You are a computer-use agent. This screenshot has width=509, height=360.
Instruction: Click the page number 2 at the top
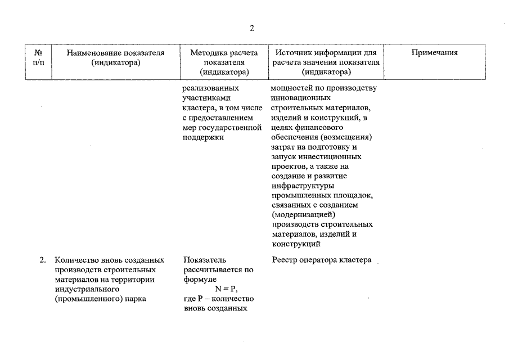click(x=253, y=28)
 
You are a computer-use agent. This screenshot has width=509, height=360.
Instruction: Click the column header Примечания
click(x=434, y=53)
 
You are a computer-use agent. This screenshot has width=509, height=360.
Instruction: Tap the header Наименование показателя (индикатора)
click(x=115, y=57)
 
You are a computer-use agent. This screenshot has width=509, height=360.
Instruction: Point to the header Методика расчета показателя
click(x=223, y=62)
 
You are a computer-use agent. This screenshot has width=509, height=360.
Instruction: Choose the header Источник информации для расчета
click(x=326, y=62)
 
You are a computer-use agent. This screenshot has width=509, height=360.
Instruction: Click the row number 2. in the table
click(x=43, y=260)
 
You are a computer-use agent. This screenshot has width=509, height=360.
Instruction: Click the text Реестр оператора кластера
click(x=321, y=260)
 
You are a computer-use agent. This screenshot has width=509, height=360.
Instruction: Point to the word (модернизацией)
click(x=304, y=214)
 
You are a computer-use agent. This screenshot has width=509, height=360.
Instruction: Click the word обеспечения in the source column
click(x=296, y=136)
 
